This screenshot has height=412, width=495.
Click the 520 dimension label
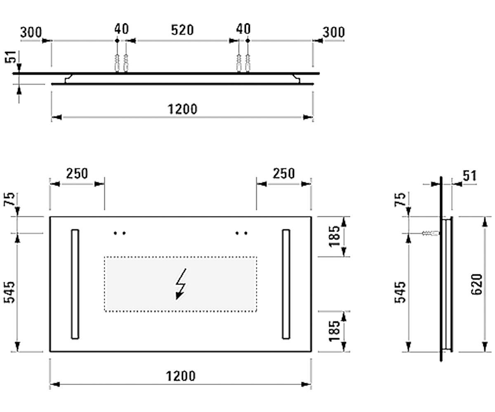(182, 30)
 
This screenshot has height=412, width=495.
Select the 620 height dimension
(476, 284)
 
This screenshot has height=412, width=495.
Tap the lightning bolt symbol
(181, 284)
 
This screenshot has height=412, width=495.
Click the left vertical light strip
(75, 284)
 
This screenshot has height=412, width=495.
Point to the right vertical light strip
(286, 284)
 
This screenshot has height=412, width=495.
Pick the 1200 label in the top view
(182, 109)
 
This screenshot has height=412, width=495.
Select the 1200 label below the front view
(181, 376)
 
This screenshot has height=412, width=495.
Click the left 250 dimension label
(77, 173)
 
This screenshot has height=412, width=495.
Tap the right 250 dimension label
(284, 173)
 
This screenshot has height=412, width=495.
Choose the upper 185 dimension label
(334, 236)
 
